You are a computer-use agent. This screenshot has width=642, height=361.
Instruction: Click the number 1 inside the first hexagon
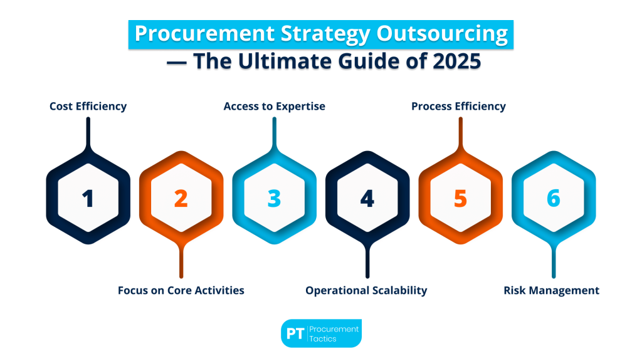pos(88,198)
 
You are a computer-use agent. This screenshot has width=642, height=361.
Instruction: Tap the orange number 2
pos(181,198)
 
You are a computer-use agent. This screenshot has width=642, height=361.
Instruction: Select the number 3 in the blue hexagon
pos(274,198)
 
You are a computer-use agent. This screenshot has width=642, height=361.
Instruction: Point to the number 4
pos(367,198)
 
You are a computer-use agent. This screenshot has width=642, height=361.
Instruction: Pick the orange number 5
pos(460,198)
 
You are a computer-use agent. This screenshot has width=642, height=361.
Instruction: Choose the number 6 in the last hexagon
pos(553,198)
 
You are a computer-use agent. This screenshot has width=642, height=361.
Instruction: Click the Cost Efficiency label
pos(88,106)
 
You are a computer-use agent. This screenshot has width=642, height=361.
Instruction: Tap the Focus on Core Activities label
pos(181,290)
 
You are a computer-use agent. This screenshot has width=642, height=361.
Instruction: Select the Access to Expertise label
pos(274,106)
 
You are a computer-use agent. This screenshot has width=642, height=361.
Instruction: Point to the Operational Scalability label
pos(366,290)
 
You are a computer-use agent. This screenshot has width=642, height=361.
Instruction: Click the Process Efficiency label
pos(458,106)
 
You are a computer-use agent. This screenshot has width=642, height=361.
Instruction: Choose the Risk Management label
pos(551,290)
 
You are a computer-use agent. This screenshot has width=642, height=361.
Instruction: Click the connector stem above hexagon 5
pos(460,132)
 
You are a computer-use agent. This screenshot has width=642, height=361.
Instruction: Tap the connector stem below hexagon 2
pos(181,262)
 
